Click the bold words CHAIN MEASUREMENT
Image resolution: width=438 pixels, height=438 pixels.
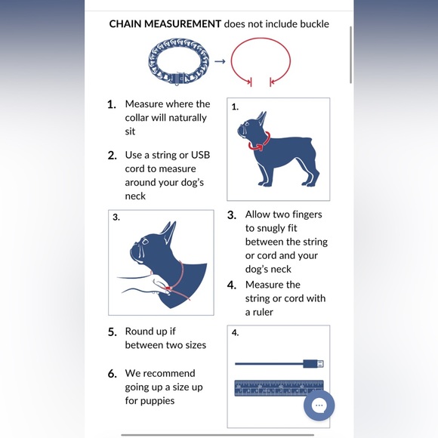coord(165,24)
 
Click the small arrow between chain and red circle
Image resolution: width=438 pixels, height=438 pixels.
coord(220,61)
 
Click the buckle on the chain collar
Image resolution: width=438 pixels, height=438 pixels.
coord(180,79)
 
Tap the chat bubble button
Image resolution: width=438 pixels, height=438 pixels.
coord(319,406)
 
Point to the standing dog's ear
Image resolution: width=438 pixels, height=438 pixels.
coord(262,118)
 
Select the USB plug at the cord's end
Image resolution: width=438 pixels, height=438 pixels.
coord(313,364)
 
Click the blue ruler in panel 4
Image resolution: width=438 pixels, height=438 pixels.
coord(279,388)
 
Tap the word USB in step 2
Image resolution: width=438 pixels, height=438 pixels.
coord(200,155)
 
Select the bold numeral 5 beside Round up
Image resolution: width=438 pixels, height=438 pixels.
coord(113,332)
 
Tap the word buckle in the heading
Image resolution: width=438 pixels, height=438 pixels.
coord(315,24)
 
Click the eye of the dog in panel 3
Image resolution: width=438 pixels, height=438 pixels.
coord(145,241)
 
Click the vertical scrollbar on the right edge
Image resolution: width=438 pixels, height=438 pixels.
coord(351,54)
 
